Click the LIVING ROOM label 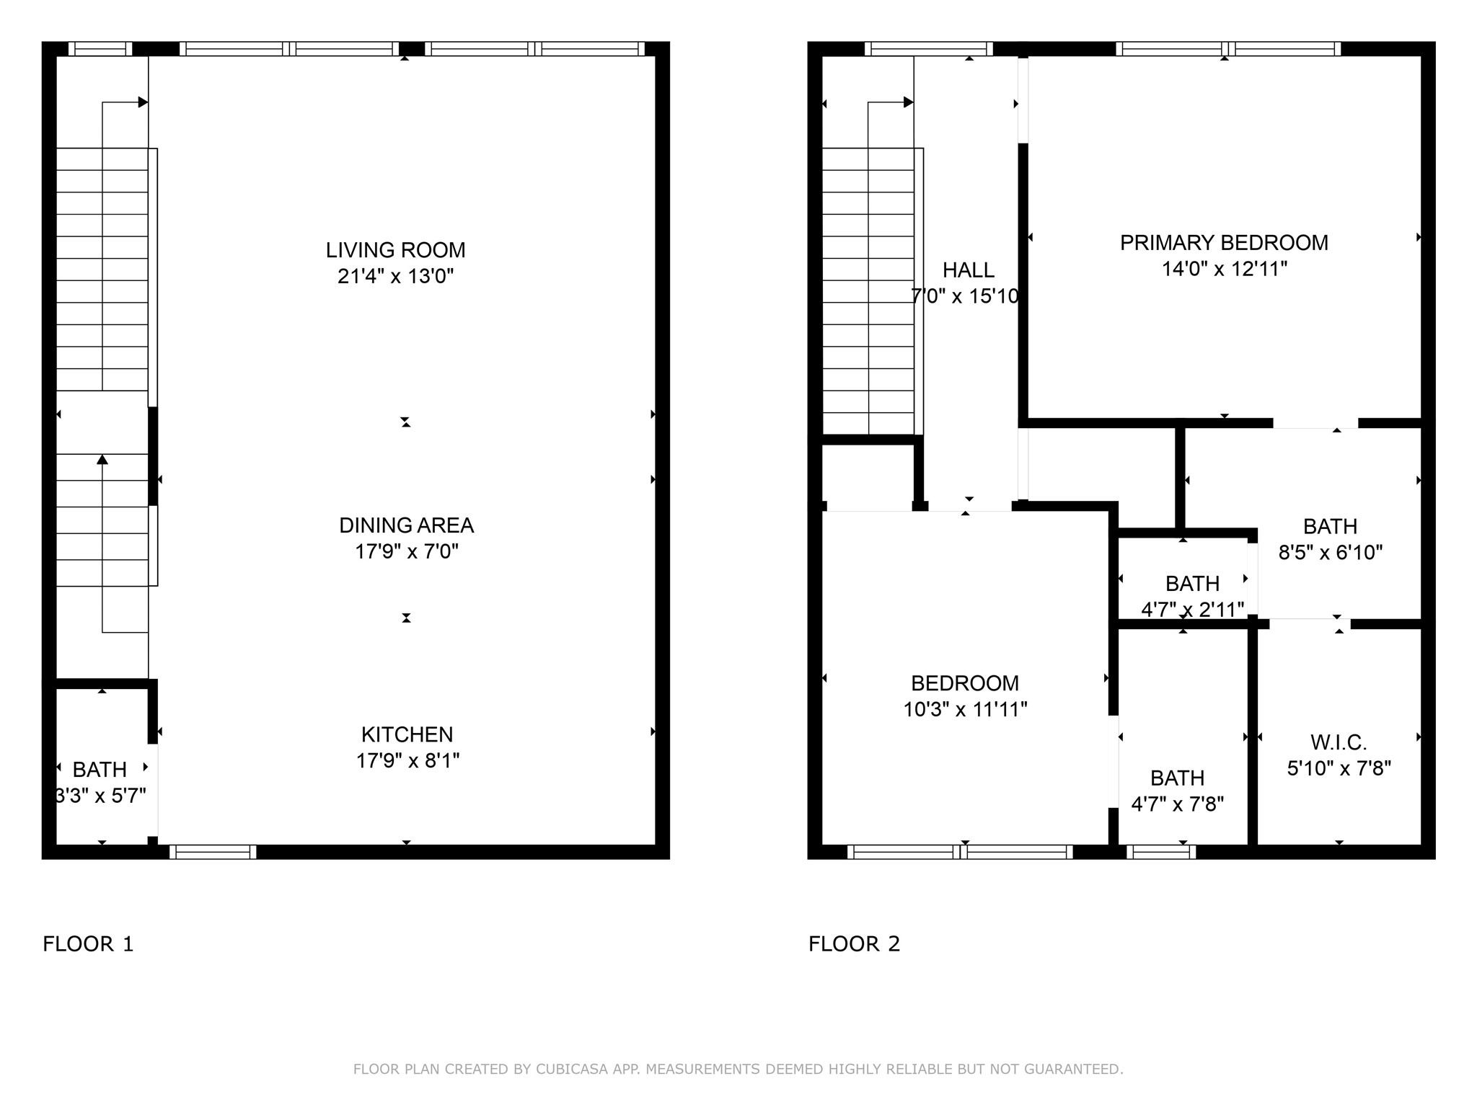coord(395,250)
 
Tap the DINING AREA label coord(407,525)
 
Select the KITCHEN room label coord(407,734)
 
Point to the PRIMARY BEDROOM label coord(1224,243)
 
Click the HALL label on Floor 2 coord(969,270)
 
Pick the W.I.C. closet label coord(1339,742)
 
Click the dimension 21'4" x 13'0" coord(396,276)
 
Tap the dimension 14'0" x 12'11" coord(1225,269)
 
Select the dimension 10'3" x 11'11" coord(965,710)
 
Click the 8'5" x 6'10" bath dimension coord(1331,553)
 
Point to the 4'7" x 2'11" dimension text coord(1193,610)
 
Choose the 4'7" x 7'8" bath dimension coord(1178,804)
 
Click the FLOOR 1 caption coord(88,944)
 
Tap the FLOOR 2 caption coord(855,944)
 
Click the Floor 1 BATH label coord(100,770)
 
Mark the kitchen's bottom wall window coord(213,852)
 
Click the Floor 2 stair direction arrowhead coord(909,102)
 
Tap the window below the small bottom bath coord(1161,852)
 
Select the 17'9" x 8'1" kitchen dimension coord(407,761)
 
